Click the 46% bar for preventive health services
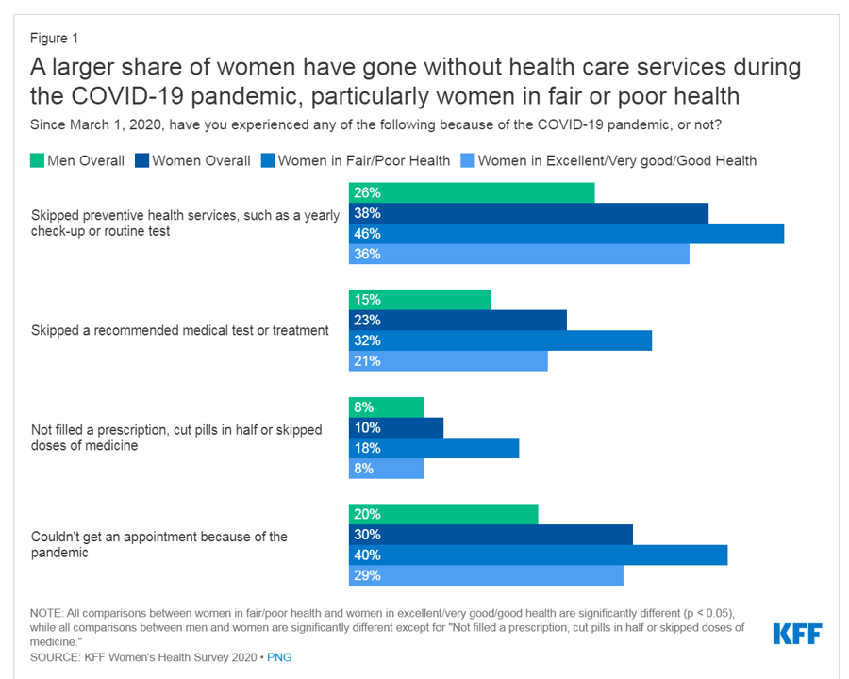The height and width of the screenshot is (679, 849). point(566,233)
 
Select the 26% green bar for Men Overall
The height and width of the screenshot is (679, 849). point(472,192)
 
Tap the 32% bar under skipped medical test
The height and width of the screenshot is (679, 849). point(500,340)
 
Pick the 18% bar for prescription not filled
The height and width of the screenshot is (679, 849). point(434,448)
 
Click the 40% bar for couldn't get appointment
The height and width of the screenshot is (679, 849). point(538,555)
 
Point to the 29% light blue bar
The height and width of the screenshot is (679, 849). point(486,575)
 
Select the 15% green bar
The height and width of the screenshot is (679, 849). point(420,300)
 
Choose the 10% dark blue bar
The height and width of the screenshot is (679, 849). point(396,427)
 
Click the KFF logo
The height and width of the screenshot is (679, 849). point(797,634)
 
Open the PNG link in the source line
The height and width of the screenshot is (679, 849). point(280,656)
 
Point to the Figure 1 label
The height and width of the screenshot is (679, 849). point(54,39)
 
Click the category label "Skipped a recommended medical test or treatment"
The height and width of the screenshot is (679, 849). point(180,330)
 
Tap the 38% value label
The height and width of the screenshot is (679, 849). point(367,213)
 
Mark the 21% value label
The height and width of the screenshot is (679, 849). point(367,361)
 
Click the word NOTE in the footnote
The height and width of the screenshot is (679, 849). point(47,612)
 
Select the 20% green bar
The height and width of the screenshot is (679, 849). point(443,515)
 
